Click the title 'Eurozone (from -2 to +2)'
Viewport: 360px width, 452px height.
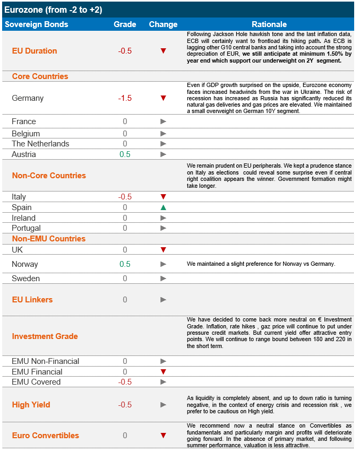tap(53, 10)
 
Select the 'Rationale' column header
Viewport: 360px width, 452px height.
tap(269, 24)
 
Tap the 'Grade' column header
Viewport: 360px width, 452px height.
tap(125, 24)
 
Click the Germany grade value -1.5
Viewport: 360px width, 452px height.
tap(125, 98)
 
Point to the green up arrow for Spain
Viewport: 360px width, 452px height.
tap(164, 207)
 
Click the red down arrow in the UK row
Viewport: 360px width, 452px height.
tap(164, 249)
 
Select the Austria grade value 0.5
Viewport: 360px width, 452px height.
tap(125, 154)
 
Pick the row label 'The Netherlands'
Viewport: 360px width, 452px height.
tap(40, 144)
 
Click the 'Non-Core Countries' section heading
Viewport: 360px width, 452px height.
tap(49, 176)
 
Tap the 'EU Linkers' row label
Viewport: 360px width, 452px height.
tap(32, 300)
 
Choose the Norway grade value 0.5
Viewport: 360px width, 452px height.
tap(125, 264)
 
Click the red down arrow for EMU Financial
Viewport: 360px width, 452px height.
tap(164, 372)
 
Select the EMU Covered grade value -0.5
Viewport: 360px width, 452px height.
tap(125, 382)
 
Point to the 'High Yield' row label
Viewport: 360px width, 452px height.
tap(31, 405)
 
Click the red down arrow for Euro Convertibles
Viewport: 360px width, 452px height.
tap(164, 436)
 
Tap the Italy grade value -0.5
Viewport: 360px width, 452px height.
tap(125, 197)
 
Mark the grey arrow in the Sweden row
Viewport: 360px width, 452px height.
tap(164, 279)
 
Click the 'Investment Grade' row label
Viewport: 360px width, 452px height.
tap(45, 336)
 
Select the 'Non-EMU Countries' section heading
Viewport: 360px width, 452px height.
tap(49, 239)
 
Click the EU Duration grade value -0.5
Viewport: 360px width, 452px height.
tap(125, 51)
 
